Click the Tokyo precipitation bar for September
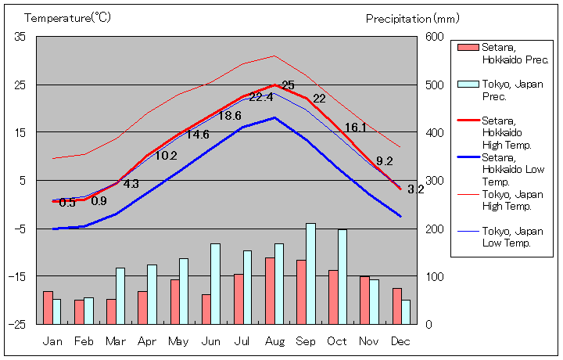(x=310, y=273)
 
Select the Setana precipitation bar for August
(x=270, y=290)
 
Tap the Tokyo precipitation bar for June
(x=215, y=283)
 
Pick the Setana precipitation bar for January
(x=48, y=307)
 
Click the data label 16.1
(x=355, y=128)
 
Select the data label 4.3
(x=131, y=185)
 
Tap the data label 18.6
(x=229, y=116)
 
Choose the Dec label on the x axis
(x=400, y=341)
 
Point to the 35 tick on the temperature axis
(x=20, y=37)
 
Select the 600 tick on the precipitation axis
(x=435, y=37)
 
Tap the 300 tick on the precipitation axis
(x=435, y=181)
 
